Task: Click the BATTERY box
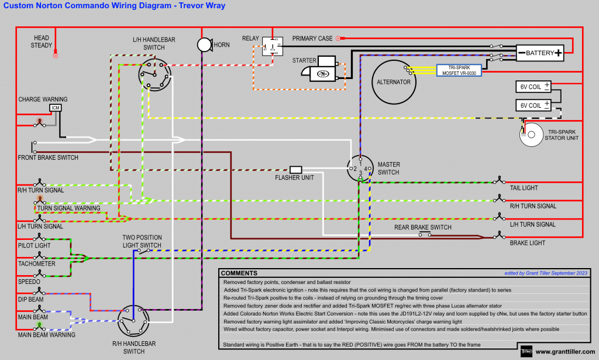pos(539,53)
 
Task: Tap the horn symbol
pos(204,44)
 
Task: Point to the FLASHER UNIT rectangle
pos(296,170)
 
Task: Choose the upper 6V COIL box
pos(534,87)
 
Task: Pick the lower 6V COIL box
pos(534,105)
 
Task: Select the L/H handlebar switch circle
pos(154,74)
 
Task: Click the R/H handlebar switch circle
pos(133,320)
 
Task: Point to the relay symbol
pos(273,46)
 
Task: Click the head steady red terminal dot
pos(56,56)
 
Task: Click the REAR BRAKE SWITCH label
pos(423,227)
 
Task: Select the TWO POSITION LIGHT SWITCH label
pos(142,241)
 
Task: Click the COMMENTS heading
pos(239,273)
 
